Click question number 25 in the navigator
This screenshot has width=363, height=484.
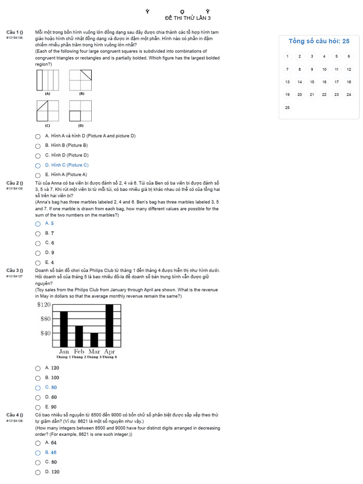(x=287, y=107)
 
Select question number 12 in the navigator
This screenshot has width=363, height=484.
(x=349, y=69)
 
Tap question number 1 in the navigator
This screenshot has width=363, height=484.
(x=287, y=56)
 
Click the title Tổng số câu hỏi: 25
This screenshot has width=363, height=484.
(x=319, y=41)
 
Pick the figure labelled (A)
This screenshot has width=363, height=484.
(x=47, y=80)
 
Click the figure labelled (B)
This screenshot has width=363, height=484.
(x=81, y=80)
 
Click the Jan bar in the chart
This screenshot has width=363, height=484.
(x=64, y=329)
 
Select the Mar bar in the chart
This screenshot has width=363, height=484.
(x=94, y=340)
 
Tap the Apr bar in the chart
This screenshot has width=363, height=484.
(x=109, y=326)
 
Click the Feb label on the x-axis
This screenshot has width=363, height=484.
(x=79, y=351)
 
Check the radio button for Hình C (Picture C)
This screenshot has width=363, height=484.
(x=38, y=165)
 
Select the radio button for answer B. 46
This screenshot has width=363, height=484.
(x=38, y=453)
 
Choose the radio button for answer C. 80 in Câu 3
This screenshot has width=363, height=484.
(x=38, y=388)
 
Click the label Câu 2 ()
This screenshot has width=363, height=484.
(x=15, y=183)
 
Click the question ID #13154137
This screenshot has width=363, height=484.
(x=15, y=276)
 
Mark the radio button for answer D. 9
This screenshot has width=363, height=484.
(x=38, y=253)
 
